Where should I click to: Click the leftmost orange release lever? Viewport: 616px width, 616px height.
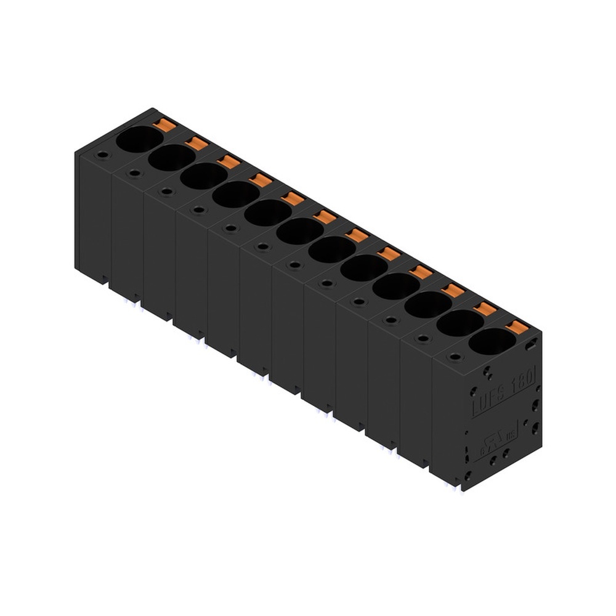[x=164, y=125]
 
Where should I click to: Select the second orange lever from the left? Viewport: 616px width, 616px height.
[x=197, y=144]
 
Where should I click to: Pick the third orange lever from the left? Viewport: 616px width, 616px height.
[x=229, y=162]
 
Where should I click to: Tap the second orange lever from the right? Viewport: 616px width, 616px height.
[x=485, y=309]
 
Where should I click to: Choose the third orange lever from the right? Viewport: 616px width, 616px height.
[x=453, y=290]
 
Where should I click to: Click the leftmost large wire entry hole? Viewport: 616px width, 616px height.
[x=139, y=139]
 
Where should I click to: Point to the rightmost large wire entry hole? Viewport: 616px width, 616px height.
[x=492, y=341]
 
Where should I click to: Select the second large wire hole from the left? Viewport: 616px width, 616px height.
[x=171, y=158]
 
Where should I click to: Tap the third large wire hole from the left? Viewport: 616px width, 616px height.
[x=203, y=176]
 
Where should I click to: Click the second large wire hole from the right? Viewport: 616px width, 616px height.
[x=460, y=323]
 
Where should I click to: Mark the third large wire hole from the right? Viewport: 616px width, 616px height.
[x=428, y=304]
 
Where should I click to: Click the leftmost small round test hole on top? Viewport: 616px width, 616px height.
[x=102, y=155]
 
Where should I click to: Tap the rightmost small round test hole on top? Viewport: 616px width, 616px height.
[x=455, y=356]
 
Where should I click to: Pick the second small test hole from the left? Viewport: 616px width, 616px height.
[x=134, y=173]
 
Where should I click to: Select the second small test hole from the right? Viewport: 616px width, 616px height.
[x=423, y=338]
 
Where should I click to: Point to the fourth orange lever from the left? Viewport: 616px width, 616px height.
[x=261, y=180]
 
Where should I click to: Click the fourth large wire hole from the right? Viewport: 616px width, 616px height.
[x=395, y=286]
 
